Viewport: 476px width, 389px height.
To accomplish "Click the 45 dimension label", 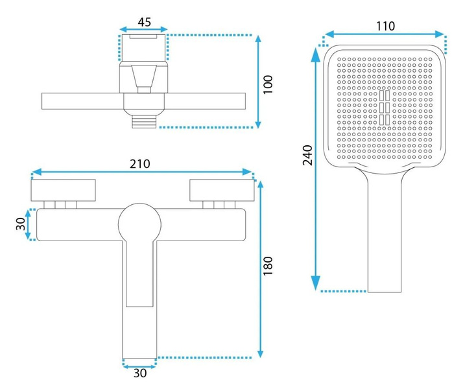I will click(x=144, y=21).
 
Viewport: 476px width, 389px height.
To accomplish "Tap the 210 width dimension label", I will click(x=139, y=163).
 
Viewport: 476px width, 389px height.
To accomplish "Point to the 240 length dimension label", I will click(x=308, y=156).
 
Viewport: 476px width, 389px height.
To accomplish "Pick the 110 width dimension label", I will click(x=385, y=26).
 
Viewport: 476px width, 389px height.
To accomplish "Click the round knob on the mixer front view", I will click(x=139, y=222).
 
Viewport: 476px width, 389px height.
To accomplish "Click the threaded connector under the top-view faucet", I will click(x=145, y=121).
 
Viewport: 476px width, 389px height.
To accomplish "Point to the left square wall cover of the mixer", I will click(x=64, y=191).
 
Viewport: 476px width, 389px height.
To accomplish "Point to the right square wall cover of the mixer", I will click(x=221, y=191).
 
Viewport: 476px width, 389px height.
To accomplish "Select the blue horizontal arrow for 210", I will click(x=143, y=172).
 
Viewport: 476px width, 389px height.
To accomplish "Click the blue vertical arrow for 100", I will click(x=259, y=81).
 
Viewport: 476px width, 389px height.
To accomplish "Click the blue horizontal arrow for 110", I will click(x=385, y=34).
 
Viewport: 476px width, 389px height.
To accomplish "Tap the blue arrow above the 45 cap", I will click(x=144, y=29).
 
